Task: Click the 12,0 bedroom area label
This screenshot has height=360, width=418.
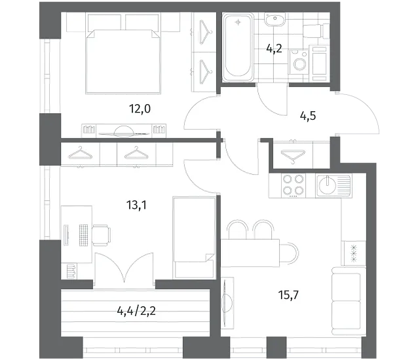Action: [x=140, y=109]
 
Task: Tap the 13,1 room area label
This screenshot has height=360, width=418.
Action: [x=136, y=205]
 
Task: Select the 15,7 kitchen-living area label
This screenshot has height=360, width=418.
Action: [x=288, y=295]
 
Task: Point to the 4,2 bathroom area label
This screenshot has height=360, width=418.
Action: [x=274, y=48]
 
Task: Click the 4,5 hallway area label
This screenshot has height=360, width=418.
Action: [x=308, y=116]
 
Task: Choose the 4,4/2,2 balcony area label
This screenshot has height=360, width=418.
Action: [x=136, y=311]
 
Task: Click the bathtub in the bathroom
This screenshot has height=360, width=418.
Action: [x=237, y=47]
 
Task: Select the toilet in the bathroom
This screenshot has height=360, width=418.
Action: [x=316, y=31]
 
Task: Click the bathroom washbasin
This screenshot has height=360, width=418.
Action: [x=275, y=20]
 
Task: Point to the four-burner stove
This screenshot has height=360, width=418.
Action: [x=294, y=186]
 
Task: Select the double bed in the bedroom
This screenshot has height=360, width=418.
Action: [x=123, y=62]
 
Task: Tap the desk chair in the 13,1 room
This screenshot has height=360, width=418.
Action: [x=102, y=235]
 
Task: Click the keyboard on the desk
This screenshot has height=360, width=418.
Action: [x=83, y=236]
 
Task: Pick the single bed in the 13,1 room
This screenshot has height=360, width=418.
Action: [x=194, y=238]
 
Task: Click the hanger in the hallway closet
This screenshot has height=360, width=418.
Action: [x=293, y=156]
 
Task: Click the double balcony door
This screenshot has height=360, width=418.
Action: [x=124, y=270]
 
